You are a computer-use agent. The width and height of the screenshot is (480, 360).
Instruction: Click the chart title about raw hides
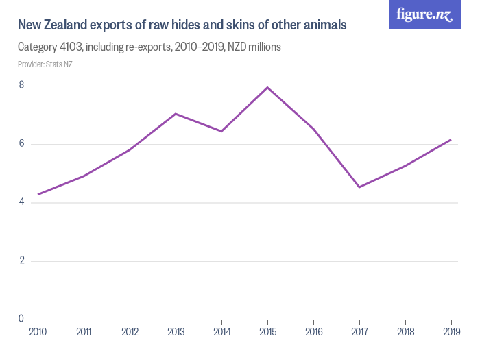click(x=182, y=25)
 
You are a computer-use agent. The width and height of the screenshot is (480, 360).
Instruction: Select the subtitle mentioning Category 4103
click(x=149, y=47)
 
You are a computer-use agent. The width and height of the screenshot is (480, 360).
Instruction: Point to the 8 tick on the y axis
click(x=21, y=86)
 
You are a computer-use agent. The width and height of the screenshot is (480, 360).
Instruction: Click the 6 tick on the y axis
click(x=21, y=144)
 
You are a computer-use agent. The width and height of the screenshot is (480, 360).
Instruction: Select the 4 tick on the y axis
click(x=21, y=202)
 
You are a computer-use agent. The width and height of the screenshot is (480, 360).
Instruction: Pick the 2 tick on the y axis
click(x=21, y=261)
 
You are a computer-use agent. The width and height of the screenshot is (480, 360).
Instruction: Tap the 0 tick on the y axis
click(x=21, y=319)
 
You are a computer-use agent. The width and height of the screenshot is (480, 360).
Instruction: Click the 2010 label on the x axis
click(x=38, y=332)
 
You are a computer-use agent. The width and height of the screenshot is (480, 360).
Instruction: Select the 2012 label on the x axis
click(x=130, y=332)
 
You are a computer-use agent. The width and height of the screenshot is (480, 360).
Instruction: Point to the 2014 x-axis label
click(x=221, y=332)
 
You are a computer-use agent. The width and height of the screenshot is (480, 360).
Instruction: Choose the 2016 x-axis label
click(x=313, y=332)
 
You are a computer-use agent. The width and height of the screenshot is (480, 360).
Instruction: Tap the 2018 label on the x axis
click(x=405, y=332)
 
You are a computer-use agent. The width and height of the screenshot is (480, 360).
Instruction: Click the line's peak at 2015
click(x=267, y=87)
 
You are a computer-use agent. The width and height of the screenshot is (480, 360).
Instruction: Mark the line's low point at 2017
click(x=359, y=187)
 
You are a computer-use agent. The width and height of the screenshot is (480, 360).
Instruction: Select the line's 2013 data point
click(x=176, y=114)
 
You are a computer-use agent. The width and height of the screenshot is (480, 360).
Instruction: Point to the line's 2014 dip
click(x=221, y=131)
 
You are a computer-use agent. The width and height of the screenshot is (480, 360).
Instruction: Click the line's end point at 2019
click(x=451, y=139)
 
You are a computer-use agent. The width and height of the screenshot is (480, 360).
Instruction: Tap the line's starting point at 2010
click(x=38, y=194)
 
